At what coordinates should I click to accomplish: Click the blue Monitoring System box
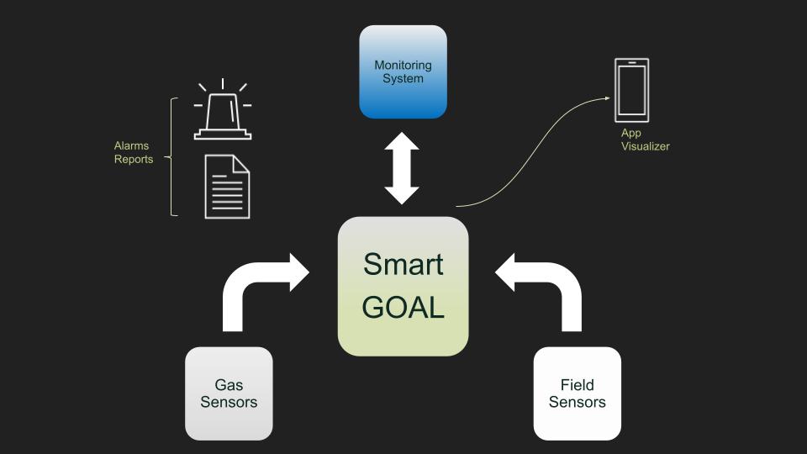pyautogui.click(x=403, y=71)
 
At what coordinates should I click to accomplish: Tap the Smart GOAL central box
pyautogui.click(x=403, y=286)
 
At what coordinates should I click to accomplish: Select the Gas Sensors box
pyautogui.click(x=229, y=393)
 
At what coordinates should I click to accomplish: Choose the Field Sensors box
pyautogui.click(x=577, y=393)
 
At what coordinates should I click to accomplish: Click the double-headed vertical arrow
pyautogui.click(x=402, y=168)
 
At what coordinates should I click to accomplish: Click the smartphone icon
pyautogui.click(x=631, y=89)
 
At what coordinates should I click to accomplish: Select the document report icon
pyautogui.click(x=227, y=187)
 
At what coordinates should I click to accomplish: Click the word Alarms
pyautogui.click(x=131, y=145)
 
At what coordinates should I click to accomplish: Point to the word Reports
pyautogui.click(x=134, y=159)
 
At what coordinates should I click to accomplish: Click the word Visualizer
pyautogui.click(x=645, y=146)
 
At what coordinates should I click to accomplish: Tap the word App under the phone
pyautogui.click(x=630, y=133)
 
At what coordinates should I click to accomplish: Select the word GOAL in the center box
pyautogui.click(x=403, y=308)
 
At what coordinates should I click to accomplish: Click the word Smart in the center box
pyautogui.click(x=403, y=264)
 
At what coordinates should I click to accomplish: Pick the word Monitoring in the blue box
pyautogui.click(x=403, y=65)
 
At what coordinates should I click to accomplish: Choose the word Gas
pyautogui.click(x=229, y=385)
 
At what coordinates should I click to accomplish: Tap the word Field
pyautogui.click(x=577, y=385)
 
